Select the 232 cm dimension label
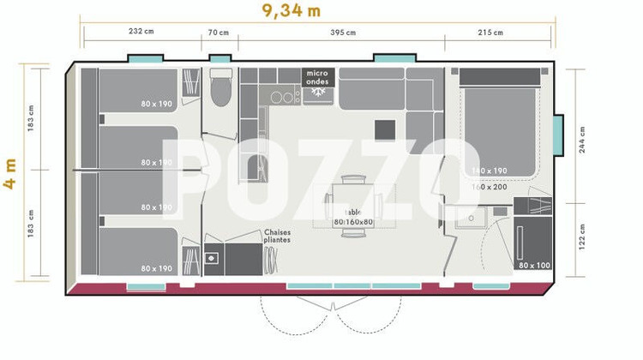142,33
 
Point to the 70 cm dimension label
219,33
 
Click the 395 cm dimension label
343,33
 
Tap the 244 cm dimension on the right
583,138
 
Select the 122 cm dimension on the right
583,235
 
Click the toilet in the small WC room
220,87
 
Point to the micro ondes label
318,77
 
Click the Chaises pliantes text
277,236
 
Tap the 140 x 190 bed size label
489,171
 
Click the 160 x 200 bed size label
489,186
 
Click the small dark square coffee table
385,129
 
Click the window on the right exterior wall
558,137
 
